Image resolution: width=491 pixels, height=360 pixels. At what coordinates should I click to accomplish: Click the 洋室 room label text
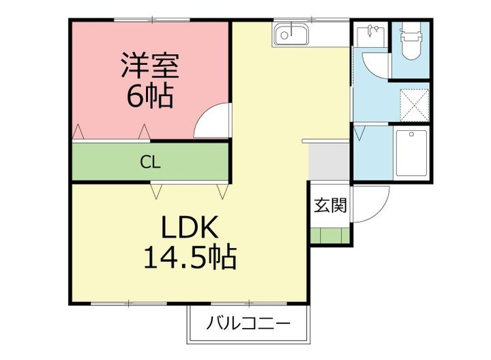[150, 67]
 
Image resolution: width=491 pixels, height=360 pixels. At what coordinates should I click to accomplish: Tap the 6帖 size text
[150, 96]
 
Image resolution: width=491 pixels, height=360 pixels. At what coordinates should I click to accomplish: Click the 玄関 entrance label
[330, 205]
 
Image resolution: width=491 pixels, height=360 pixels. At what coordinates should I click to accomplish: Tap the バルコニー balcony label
[249, 322]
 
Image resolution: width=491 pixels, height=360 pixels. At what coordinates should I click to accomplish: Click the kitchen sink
[292, 33]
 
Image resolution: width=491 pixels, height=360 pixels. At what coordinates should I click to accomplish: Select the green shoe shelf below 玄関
[331, 236]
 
